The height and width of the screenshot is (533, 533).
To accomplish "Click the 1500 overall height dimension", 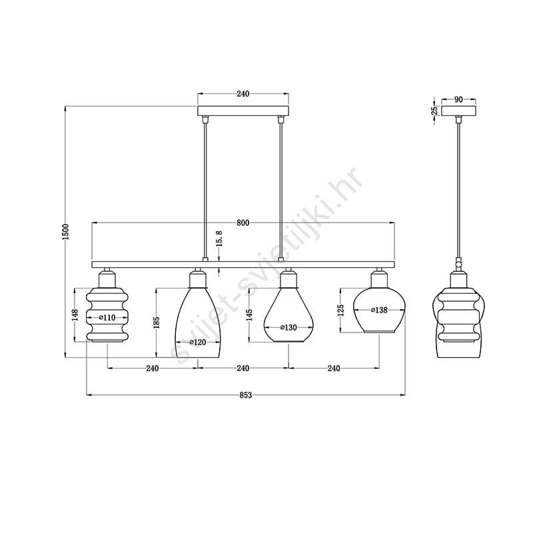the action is coord(66,231).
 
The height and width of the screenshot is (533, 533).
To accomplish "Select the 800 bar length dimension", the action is coord(243,223).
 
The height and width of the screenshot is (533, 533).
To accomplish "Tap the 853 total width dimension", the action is coord(246,395).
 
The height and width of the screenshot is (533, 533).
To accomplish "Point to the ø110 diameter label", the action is coord(107,318).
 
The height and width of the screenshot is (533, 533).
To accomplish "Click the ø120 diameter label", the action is coord(197,342).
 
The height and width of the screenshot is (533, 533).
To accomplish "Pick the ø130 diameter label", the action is coord(288,328).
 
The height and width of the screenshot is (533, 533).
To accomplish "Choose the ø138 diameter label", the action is coord(379,310).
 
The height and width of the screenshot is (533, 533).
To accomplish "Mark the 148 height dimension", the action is coord(75,314).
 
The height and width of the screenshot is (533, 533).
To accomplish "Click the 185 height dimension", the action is coord(157,322).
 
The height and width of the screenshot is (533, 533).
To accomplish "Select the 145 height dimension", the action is coord(250,315).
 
